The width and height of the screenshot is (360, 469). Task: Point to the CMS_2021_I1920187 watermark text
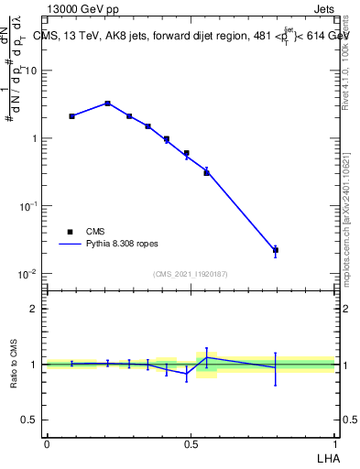click(191, 273)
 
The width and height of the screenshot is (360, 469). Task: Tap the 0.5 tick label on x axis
click(191, 443)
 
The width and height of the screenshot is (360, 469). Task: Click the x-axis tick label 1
click(334, 443)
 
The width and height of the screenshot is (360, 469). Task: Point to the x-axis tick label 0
click(47, 443)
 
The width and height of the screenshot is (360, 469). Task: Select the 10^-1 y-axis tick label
click(28, 206)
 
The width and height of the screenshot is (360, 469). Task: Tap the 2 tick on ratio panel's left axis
click(35, 309)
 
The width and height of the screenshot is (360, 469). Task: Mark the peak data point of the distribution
click(107, 104)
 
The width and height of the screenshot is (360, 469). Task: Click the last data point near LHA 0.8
click(275, 250)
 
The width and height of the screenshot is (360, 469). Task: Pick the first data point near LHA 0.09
click(72, 116)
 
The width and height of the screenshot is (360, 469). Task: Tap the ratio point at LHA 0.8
click(275, 367)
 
